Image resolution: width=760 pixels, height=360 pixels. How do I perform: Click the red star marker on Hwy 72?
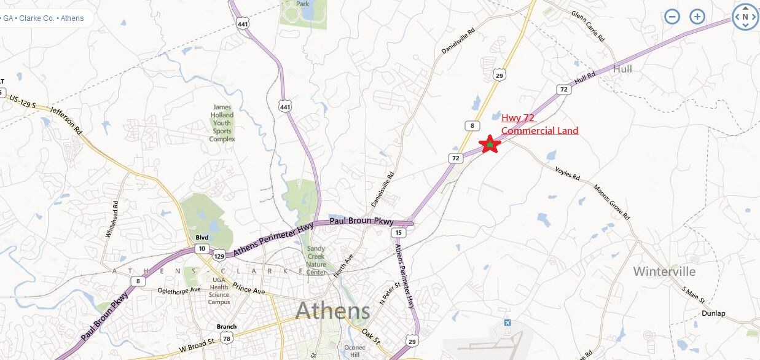[490, 144]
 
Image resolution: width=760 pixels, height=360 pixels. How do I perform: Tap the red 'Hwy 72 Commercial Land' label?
[539, 124]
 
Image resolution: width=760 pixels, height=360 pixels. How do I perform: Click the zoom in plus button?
[697, 17]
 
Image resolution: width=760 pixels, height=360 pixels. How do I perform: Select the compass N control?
[745, 17]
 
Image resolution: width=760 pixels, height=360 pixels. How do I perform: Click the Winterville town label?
[664, 272]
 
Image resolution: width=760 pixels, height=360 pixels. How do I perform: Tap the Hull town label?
[622, 69]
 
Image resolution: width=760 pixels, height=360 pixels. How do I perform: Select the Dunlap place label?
[713, 313]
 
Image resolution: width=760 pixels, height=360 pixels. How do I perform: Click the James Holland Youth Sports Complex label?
[222, 123]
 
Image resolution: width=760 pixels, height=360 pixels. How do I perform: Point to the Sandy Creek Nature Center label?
[316, 260]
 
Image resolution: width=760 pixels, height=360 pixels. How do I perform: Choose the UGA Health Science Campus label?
[219, 291]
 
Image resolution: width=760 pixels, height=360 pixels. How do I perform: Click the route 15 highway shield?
[399, 232]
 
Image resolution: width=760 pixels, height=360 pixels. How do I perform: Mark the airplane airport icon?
[507, 323]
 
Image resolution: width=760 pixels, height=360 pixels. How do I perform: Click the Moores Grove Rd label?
[611, 201]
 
